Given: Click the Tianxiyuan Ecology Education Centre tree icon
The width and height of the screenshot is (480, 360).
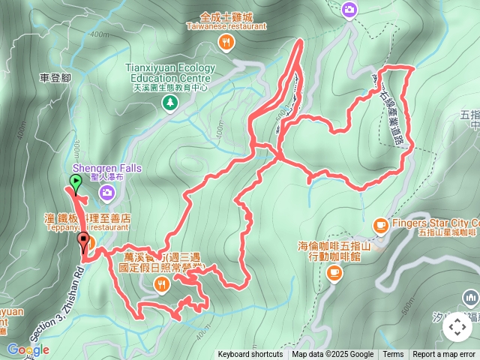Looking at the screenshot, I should (171, 100).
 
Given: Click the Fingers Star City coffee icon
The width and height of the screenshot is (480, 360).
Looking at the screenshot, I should (380, 224).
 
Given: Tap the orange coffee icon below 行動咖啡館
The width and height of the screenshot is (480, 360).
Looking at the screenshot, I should (334, 274).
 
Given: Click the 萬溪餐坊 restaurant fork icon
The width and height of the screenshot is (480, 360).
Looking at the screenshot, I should (161, 283).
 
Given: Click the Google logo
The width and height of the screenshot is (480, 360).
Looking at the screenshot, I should (28, 349).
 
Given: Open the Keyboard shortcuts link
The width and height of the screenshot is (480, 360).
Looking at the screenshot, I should (250, 355).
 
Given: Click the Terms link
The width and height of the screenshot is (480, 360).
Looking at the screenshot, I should (393, 355).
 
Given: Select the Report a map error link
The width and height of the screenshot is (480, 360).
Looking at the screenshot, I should (444, 355).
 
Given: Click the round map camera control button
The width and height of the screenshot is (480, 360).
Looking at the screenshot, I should (457, 327).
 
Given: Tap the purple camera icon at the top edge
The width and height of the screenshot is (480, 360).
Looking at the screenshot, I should (349, 10).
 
